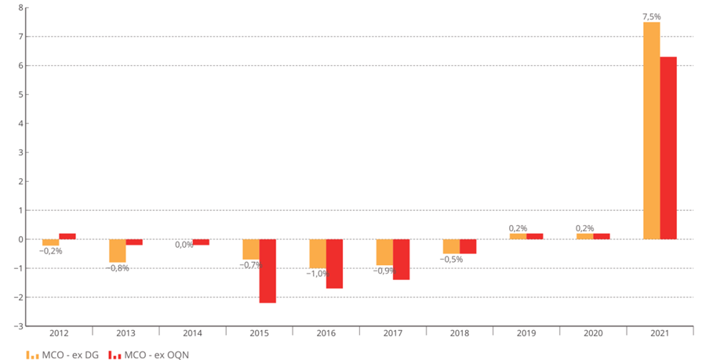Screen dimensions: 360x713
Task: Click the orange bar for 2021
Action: (651, 130)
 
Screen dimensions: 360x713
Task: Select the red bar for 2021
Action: (668, 147)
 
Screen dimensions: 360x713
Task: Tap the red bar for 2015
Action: (267, 271)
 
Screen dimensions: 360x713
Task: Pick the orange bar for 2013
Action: (117, 250)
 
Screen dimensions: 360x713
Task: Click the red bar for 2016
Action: (334, 264)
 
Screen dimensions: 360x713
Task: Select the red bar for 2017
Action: (401, 260)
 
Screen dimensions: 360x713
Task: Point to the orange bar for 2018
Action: (451, 246)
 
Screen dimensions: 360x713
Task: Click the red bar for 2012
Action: (67, 236)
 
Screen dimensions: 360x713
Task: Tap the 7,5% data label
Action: (651, 16)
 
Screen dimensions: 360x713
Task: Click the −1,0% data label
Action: (317, 274)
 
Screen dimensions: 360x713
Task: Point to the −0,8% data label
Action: (117, 268)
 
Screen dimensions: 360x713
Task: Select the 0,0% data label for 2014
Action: (184, 245)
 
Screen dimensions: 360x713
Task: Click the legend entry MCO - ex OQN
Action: (149, 355)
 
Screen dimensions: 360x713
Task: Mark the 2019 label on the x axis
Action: (526, 333)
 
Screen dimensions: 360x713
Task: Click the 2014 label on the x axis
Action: (192, 333)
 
